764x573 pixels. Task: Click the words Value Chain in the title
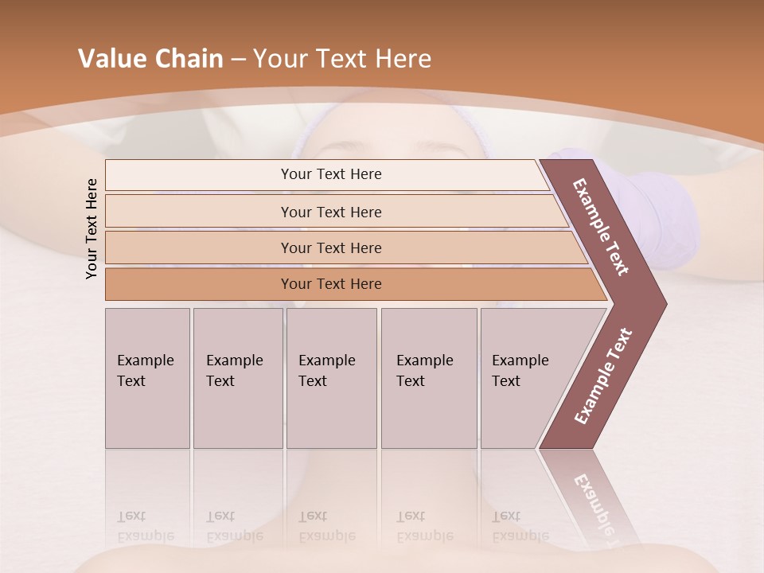[150, 59]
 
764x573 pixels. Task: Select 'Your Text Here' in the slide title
[342, 59]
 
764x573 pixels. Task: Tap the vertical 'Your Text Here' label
[92, 229]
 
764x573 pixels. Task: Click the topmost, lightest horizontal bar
[330, 174]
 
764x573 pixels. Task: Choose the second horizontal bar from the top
[330, 212]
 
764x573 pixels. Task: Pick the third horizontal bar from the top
[330, 248]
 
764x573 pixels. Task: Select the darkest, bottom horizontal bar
[330, 284]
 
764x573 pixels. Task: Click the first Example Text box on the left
[147, 378]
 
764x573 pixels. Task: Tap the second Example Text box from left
[237, 378]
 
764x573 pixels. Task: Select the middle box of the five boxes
[331, 378]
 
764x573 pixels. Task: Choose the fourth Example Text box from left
[428, 378]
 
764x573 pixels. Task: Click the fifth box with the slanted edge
[525, 378]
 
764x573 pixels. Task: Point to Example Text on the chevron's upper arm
[601, 227]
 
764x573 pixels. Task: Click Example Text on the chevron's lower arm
[603, 376]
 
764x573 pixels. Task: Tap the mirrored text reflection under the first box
[146, 526]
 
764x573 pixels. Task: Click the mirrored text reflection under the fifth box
[520, 526]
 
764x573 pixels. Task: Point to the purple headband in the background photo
[318, 127]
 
